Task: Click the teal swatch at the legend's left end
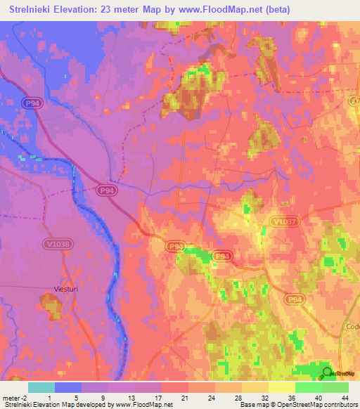click(41, 387)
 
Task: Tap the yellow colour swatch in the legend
click(281, 387)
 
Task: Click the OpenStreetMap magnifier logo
click(326, 373)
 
